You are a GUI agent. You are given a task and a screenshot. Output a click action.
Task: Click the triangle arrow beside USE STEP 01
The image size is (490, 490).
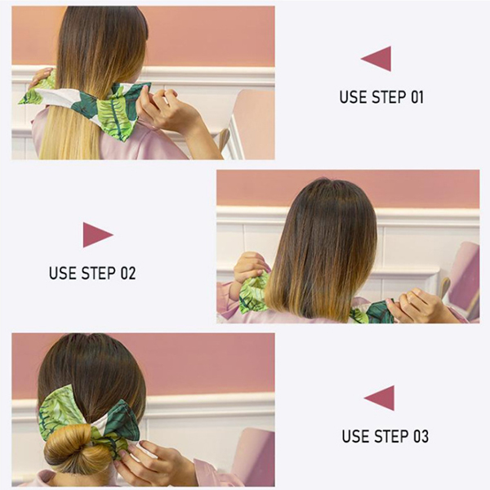click(x=379, y=59)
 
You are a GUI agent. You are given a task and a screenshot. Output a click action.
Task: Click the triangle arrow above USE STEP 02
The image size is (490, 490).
click(x=96, y=234)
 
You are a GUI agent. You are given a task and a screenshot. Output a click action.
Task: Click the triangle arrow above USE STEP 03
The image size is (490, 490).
click(x=382, y=398)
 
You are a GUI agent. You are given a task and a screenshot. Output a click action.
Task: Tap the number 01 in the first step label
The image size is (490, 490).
click(x=416, y=97)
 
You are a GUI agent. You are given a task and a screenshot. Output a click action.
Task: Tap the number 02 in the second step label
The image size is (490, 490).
click(x=128, y=273)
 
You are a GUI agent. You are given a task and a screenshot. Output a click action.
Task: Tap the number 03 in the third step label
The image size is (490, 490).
click(x=421, y=436)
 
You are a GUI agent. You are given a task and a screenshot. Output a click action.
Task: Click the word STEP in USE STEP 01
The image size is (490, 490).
click(x=389, y=97)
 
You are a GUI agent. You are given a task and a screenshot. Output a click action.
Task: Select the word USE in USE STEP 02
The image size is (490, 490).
click(x=63, y=273)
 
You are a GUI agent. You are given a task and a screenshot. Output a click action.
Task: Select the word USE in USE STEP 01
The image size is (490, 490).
click(x=353, y=97)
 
